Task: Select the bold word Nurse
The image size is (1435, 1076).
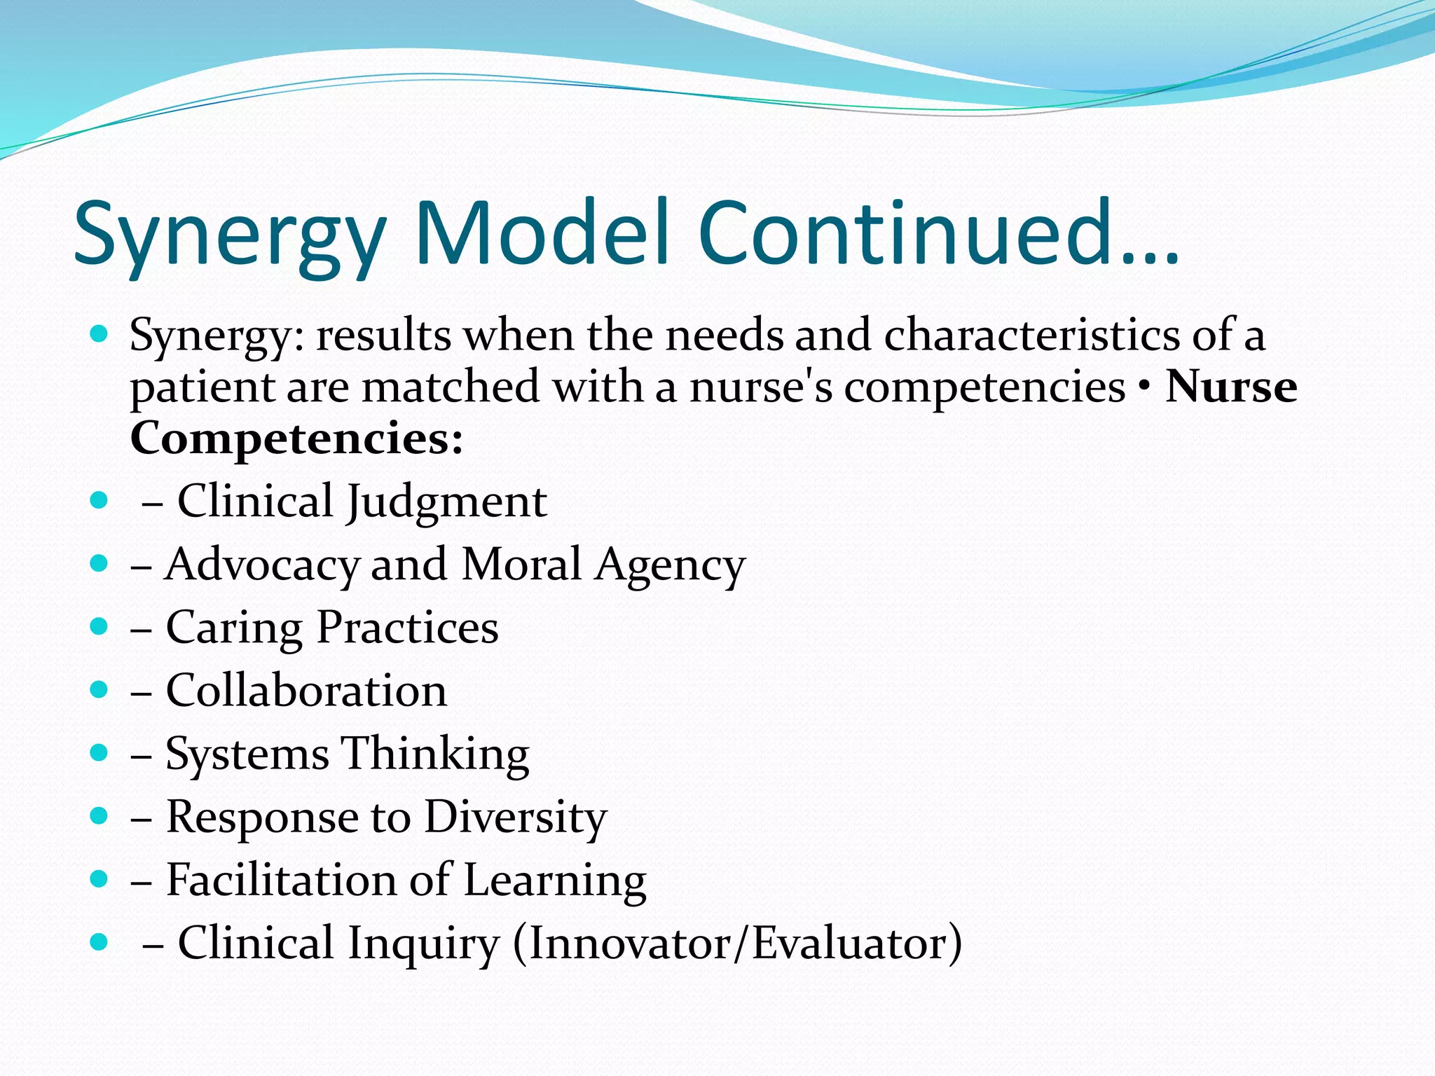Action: point(1230,387)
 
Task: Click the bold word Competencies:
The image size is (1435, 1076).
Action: point(297,440)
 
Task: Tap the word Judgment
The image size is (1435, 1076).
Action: point(447,502)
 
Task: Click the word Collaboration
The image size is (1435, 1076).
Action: point(306,691)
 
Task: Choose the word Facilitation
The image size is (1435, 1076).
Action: point(282,880)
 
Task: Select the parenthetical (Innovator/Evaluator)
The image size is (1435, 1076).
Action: point(738,943)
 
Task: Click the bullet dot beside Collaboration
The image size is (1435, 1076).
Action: point(99,689)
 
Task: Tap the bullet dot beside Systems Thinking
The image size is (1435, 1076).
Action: point(99,752)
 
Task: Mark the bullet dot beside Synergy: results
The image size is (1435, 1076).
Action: point(99,333)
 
